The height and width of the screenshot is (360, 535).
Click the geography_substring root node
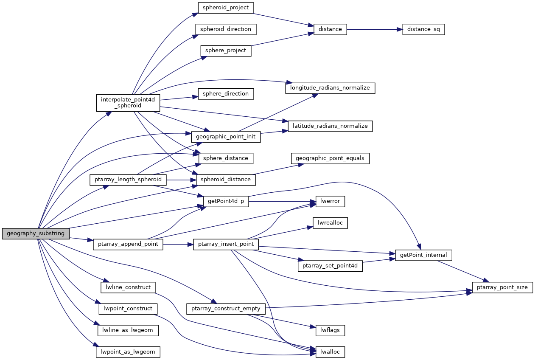click(x=36, y=233)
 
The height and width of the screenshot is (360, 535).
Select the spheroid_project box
click(x=226, y=8)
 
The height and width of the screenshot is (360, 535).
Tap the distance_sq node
click(x=423, y=29)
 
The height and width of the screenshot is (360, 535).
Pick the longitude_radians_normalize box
click(x=330, y=88)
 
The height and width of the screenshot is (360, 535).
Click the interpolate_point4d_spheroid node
click(x=128, y=103)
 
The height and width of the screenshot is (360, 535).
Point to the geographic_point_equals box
click(x=330, y=158)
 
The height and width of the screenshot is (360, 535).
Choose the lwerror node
click(x=330, y=201)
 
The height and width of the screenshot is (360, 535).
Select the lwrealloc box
click(x=330, y=222)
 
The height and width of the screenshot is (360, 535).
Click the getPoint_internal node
click(x=423, y=255)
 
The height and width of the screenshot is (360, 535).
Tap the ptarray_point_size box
click(x=502, y=287)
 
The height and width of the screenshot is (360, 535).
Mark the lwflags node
click(x=330, y=329)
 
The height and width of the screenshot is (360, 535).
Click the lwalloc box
click(x=330, y=352)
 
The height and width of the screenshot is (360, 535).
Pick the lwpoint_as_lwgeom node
click(x=128, y=352)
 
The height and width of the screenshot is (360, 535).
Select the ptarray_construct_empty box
click(x=226, y=308)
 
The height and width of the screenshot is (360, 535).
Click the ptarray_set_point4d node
click(x=330, y=266)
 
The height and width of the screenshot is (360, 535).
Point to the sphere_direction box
click(x=226, y=94)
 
